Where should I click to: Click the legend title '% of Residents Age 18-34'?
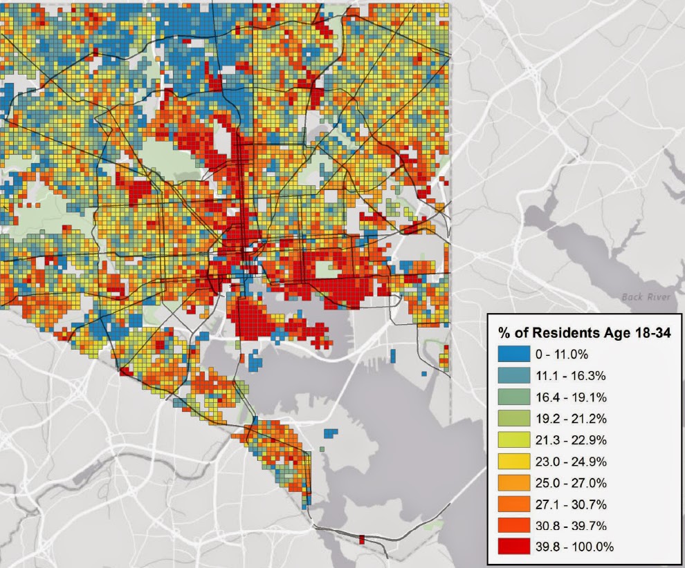(x=585, y=332)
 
